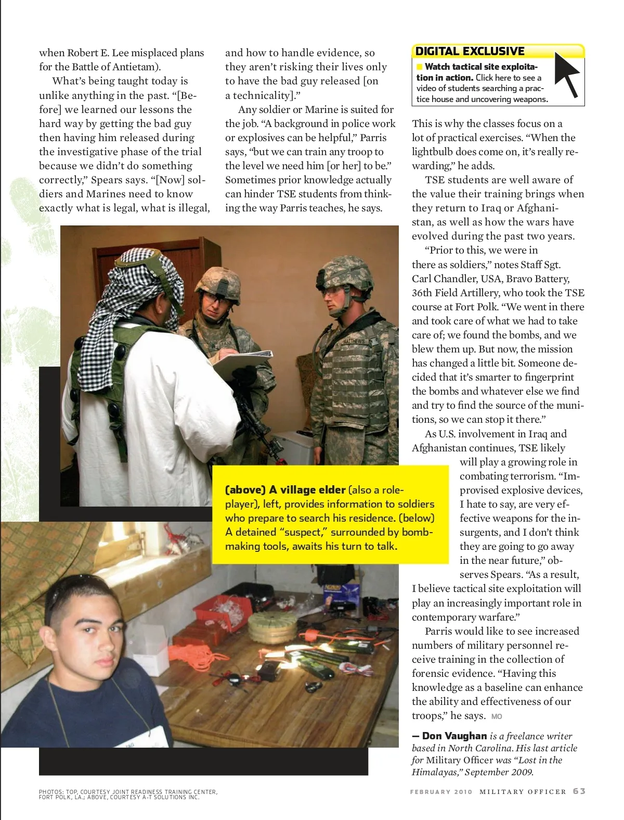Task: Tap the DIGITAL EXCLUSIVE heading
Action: [x=470, y=51]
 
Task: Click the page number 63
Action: [x=579, y=791]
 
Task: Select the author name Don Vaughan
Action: [x=454, y=736]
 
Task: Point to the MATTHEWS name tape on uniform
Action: [x=354, y=341]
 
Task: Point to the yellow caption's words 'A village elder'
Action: [x=307, y=490]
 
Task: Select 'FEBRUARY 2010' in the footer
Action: [x=441, y=791]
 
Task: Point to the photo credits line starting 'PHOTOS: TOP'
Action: [x=128, y=794]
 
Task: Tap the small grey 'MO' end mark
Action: [x=497, y=716]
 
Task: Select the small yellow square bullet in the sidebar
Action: [x=420, y=67]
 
